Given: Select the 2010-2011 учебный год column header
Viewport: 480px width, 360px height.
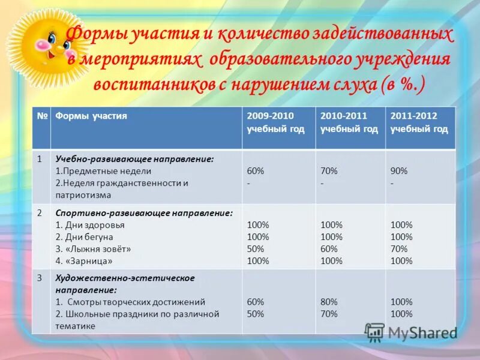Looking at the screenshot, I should [349, 122].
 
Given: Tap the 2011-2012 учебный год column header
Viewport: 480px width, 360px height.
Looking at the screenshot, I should [419, 122].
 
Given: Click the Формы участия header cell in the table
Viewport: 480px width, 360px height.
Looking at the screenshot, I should [91, 116].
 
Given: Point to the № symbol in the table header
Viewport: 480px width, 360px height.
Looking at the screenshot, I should [42, 116].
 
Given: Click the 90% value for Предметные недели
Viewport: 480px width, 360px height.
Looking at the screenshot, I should [399, 171].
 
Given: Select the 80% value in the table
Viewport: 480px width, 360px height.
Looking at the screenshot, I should [329, 302].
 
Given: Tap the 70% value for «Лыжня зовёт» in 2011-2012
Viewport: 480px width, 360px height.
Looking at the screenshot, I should [399, 248].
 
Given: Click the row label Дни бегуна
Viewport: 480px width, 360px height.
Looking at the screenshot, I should [85, 237].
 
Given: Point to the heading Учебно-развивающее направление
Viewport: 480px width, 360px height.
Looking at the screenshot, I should [134, 159].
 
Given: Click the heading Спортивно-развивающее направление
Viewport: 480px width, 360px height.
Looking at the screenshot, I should [144, 213].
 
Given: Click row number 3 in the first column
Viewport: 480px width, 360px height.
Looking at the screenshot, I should [40, 278].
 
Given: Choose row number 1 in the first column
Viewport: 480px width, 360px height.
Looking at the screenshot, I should [40, 159].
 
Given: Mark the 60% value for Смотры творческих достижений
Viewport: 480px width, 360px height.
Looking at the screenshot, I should [256, 302].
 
